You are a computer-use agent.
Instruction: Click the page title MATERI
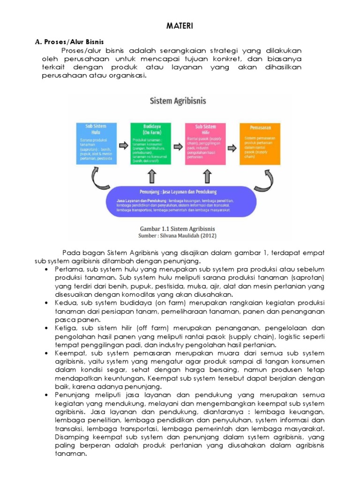180,27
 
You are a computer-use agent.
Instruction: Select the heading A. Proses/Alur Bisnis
69,42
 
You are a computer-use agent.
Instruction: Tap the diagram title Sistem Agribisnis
178,101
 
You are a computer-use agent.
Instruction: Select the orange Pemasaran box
261,143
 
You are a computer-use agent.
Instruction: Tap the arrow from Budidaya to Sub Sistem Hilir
178,144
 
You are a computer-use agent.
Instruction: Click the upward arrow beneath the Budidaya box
151,177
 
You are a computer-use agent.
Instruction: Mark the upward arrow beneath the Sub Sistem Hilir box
207,177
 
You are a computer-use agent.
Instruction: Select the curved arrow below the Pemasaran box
270,178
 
